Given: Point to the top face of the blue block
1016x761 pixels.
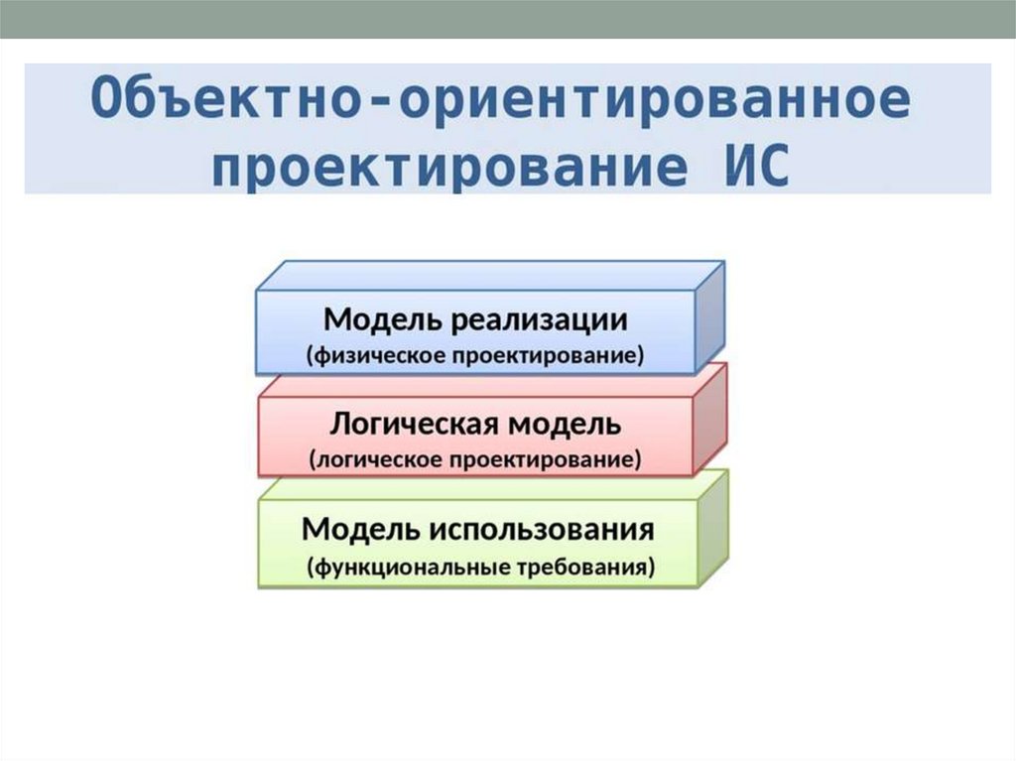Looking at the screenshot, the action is pyautogui.click(x=491, y=275).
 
